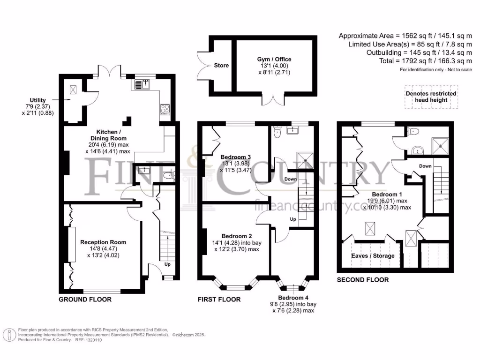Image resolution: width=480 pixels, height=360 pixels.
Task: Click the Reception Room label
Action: tap(103, 242)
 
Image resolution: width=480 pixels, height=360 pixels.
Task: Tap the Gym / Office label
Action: tap(274, 59)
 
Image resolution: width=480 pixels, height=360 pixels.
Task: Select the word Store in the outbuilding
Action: tap(221, 65)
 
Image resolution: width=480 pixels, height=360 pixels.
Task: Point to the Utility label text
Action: tap(37, 100)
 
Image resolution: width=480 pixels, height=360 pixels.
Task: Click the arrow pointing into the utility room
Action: tap(61, 99)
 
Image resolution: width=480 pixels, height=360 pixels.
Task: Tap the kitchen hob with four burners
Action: tap(165, 109)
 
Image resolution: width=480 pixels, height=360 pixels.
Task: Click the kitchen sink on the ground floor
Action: tap(142, 84)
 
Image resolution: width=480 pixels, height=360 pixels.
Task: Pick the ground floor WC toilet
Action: tap(169, 175)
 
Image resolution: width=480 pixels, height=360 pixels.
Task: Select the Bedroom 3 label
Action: tap(236, 157)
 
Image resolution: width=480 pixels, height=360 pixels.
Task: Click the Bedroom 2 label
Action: tap(237, 236)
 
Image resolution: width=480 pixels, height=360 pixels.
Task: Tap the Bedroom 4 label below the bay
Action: tap(293, 298)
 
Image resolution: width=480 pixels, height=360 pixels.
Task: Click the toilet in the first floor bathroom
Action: tap(277, 132)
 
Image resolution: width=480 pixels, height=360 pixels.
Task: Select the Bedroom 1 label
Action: tap(387, 195)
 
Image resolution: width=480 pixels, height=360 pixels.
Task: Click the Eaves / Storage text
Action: tap(373, 255)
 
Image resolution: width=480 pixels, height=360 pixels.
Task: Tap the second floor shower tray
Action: tap(440, 146)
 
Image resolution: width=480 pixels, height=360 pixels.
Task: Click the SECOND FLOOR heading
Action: tap(363, 280)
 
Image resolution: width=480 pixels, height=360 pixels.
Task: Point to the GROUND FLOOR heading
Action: tap(85, 300)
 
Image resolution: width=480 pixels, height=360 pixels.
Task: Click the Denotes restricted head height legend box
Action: tap(431, 97)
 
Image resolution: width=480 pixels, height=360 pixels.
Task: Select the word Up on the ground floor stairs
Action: tap(167, 264)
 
